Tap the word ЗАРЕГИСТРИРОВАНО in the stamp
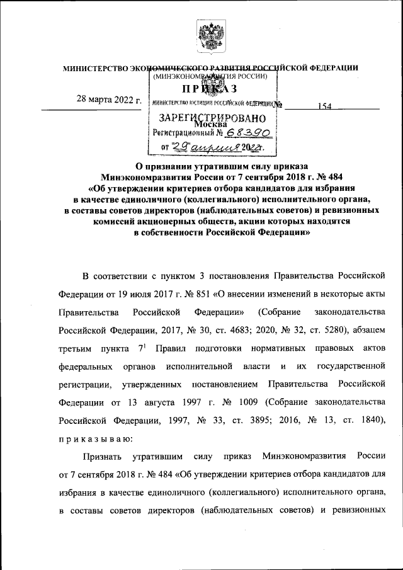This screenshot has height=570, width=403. pyautogui.click(x=203, y=118)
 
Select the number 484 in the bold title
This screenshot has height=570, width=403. pyautogui.click(x=332, y=177)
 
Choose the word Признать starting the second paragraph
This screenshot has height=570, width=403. pyautogui.click(x=102, y=454)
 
